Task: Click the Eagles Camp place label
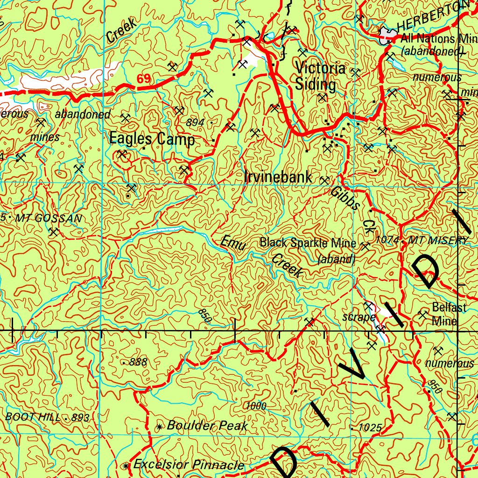(x=152, y=139)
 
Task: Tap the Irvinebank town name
(x=278, y=177)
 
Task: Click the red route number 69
(x=144, y=79)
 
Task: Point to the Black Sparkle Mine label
(x=308, y=243)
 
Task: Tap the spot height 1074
(x=386, y=240)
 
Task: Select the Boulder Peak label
(x=207, y=426)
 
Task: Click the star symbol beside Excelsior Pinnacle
(x=125, y=466)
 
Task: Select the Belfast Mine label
(x=448, y=314)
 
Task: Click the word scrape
(x=358, y=317)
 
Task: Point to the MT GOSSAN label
(x=49, y=218)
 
